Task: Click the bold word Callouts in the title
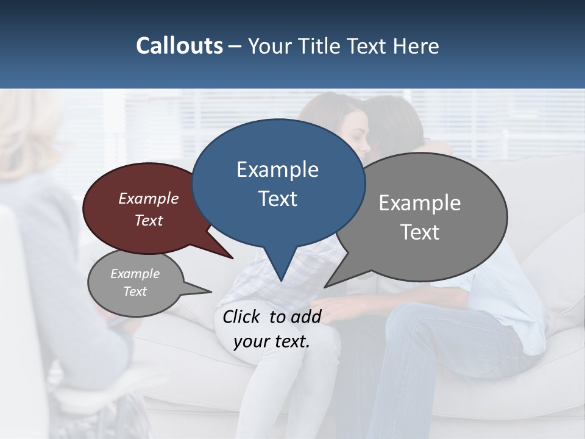point(180,46)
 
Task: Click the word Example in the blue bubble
point(277,170)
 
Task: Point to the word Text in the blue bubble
point(277,199)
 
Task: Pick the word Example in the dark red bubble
point(149,198)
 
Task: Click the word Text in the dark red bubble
point(149,220)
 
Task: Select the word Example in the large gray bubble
point(420,202)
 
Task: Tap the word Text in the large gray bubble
point(420,232)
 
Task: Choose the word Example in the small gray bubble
point(135,274)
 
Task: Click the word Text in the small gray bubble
point(135,291)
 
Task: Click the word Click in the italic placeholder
point(243,316)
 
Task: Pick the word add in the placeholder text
point(306,316)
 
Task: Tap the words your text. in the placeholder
point(272,341)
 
